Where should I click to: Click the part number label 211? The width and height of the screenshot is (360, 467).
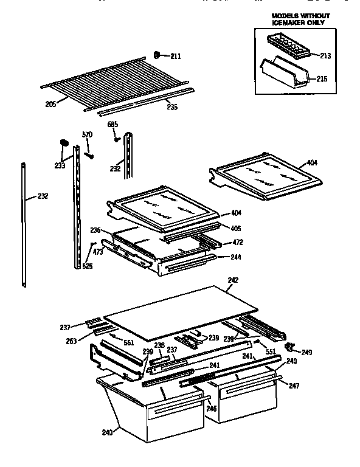pos(175,57)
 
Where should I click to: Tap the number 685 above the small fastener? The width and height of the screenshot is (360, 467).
pos(112,125)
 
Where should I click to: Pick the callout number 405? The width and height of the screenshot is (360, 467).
pos(235,228)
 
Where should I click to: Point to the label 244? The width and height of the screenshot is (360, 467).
pos(235,257)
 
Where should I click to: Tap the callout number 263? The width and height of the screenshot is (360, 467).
pos(72,341)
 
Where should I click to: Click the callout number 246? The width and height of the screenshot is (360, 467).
pos(211,409)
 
